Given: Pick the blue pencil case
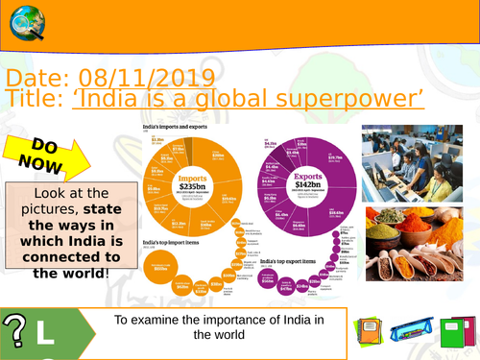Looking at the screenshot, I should click(407, 332).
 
